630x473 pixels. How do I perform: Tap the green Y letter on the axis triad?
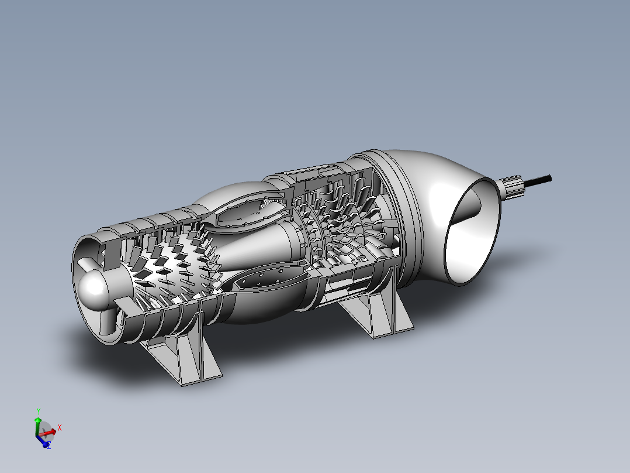click(39, 411)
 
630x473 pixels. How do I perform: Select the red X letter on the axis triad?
click(60, 428)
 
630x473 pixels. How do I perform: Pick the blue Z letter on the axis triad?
click(49, 445)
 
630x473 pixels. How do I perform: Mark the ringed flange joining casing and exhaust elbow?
click(403, 217)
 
